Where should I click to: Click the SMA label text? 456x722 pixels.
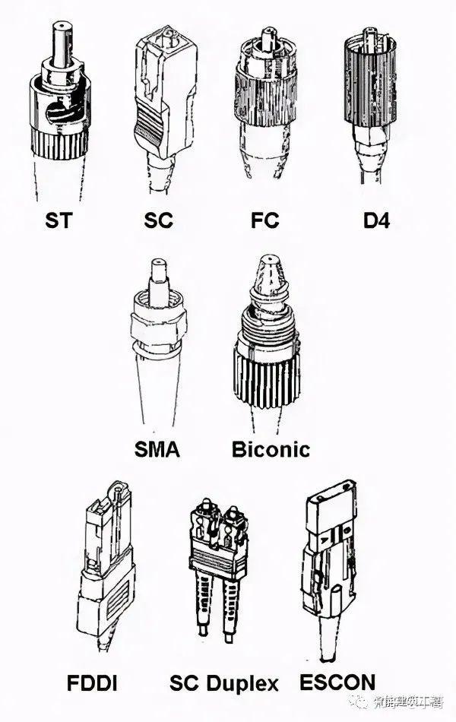(x=157, y=449)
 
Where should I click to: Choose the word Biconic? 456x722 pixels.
(x=271, y=449)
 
